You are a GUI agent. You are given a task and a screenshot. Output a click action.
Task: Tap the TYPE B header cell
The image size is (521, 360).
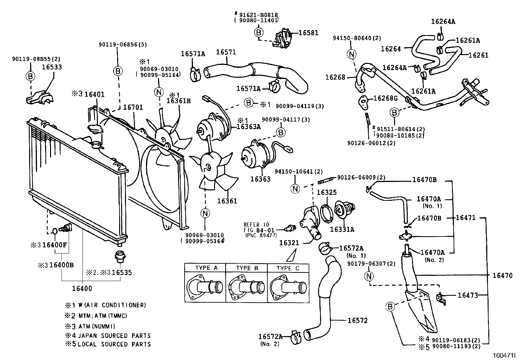point(247,268)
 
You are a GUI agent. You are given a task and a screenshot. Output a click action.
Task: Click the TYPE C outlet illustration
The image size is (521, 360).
point(288,287)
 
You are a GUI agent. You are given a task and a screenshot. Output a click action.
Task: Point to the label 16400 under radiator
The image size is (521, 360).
point(82,289)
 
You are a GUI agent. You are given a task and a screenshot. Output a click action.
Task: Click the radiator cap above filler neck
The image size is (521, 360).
point(95,128)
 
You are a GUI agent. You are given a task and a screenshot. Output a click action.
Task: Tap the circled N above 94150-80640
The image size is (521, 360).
point(352,54)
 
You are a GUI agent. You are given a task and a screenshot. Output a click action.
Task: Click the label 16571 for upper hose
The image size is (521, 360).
point(226,52)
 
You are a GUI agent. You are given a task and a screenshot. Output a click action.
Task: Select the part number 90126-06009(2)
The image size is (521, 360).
point(361,177)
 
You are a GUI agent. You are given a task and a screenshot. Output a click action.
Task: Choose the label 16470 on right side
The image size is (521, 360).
point(502,275)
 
